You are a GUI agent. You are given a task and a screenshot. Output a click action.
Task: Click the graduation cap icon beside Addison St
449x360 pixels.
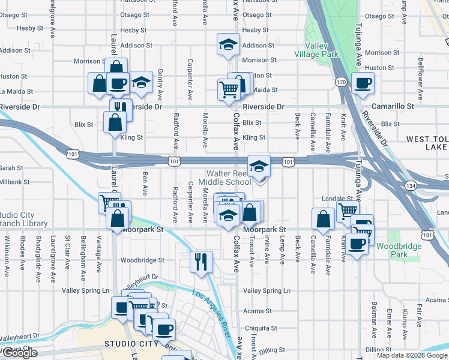pyautogui.click(x=228, y=46)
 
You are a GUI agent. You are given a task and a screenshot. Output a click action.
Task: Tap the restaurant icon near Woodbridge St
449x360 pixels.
pyautogui.click(x=201, y=261)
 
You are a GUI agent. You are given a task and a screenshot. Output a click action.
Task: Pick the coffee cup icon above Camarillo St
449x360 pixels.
pyautogui.click(x=362, y=83)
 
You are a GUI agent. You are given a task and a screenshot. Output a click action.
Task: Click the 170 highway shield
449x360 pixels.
pyautogui.click(x=341, y=82)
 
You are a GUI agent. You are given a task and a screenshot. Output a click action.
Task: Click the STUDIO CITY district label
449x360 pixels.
pyautogui.click(x=130, y=344)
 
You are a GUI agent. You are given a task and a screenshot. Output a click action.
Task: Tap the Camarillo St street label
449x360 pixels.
pyautogui.click(x=393, y=106)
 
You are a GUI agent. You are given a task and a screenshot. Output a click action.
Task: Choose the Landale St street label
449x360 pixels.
pyautogui.click(x=336, y=199)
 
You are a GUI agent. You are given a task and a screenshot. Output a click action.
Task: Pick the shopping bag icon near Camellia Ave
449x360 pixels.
pyautogui.click(x=324, y=218)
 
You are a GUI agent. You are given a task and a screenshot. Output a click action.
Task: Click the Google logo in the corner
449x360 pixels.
pyautogui.click(x=19, y=353)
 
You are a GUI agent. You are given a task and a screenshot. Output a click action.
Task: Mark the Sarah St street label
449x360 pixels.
pyautogui.click(x=11, y=168)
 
